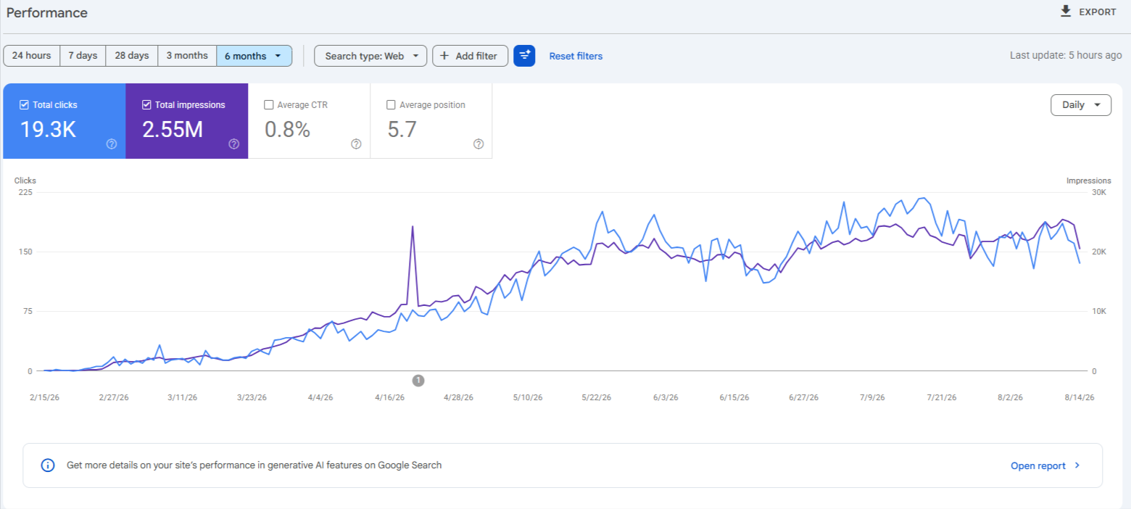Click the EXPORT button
tap(1088, 12)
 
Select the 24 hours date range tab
tap(31, 56)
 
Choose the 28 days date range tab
tap(131, 56)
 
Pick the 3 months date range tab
tap(187, 56)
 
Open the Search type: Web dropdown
tap(370, 56)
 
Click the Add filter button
tap(470, 56)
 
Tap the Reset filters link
tap(576, 56)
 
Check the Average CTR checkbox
tap(268, 104)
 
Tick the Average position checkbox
tap(391, 104)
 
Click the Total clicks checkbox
tap(24, 104)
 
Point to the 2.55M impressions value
tap(172, 130)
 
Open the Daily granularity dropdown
tap(1080, 105)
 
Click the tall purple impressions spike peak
tap(413, 227)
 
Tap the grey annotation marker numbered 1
tap(418, 380)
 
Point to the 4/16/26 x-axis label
tap(389, 397)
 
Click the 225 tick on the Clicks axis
tap(25, 192)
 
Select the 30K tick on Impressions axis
tap(1098, 192)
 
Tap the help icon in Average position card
tap(478, 144)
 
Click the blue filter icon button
tap(524, 56)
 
